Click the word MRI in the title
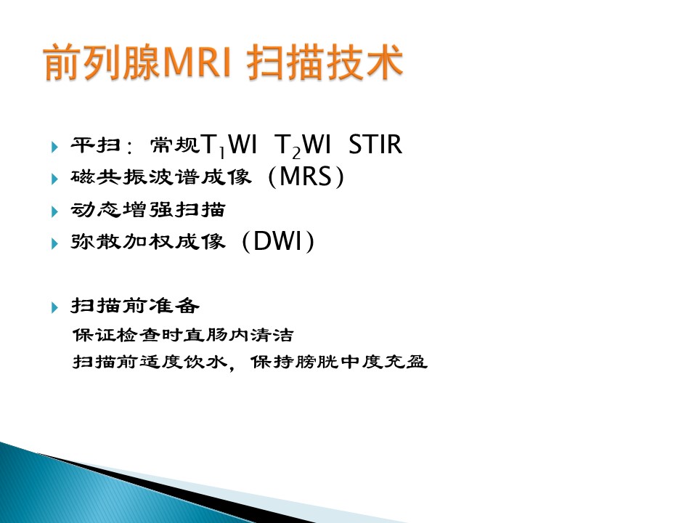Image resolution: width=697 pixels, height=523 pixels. pyautogui.click(x=197, y=62)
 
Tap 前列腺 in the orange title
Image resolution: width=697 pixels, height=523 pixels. pyautogui.click(x=102, y=62)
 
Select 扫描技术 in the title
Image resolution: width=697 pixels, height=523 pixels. pyautogui.click(x=325, y=62)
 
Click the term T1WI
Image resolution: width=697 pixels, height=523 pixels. pyautogui.click(x=229, y=145)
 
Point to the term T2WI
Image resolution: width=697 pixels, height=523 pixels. pyautogui.click(x=303, y=145)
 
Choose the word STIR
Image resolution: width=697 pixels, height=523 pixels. pyautogui.click(x=375, y=144)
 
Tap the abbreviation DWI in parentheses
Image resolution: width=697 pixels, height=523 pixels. pyautogui.click(x=278, y=241)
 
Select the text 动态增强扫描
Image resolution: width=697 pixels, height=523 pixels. pyautogui.click(x=148, y=209)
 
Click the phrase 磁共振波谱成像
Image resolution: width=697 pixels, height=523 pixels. pyautogui.click(x=161, y=177)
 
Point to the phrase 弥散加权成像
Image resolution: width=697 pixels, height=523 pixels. pyautogui.click(x=148, y=242)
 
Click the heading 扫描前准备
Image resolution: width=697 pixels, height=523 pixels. pyautogui.click(x=135, y=306)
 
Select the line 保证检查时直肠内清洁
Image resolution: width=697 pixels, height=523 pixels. pyautogui.click(x=183, y=334)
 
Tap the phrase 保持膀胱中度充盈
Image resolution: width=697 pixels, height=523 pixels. pyautogui.click(x=339, y=362)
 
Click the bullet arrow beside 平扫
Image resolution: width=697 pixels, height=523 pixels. pyautogui.click(x=54, y=146)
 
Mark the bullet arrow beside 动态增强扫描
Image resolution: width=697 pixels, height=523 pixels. pyautogui.click(x=54, y=211)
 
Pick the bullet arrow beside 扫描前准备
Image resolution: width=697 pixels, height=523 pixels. pyautogui.click(x=54, y=307)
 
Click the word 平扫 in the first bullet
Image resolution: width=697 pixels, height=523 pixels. pyautogui.click(x=96, y=145)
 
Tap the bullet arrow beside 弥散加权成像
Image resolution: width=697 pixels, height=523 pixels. pyautogui.click(x=54, y=244)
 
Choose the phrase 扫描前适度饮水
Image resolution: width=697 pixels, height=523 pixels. pyautogui.click(x=150, y=362)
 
